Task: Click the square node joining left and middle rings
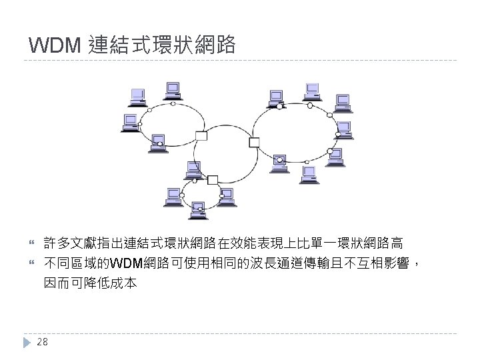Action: [x=201, y=136]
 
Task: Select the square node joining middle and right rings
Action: [x=254, y=141]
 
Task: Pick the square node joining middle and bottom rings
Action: [x=213, y=179]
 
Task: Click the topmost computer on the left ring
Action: [x=173, y=90]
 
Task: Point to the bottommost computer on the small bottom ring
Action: [x=197, y=212]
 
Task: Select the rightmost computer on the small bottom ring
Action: [x=228, y=196]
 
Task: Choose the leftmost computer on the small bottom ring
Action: [x=173, y=195]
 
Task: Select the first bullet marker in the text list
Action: [x=27, y=241]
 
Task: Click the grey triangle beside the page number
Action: [x=26, y=342]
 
